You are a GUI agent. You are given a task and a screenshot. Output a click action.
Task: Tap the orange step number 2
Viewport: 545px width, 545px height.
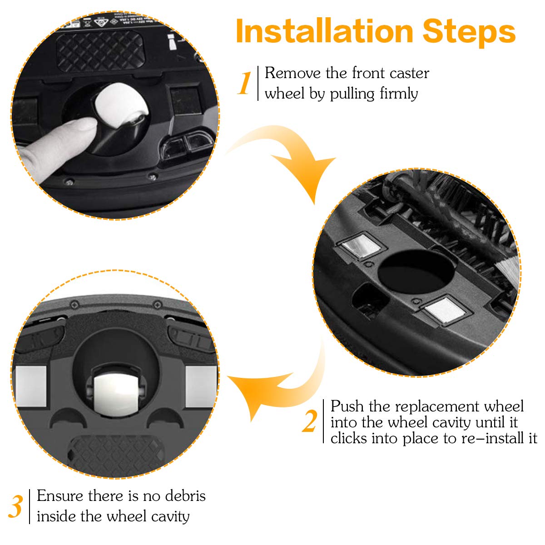point(310,421)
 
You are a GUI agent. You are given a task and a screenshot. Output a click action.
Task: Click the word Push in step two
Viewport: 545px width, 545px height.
point(347,406)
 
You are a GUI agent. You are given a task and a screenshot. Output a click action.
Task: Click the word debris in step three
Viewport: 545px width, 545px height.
point(186,496)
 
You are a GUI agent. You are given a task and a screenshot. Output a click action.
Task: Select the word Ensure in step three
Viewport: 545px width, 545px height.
point(60,496)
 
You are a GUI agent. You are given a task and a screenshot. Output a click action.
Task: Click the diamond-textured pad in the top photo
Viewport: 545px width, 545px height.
point(100,51)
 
